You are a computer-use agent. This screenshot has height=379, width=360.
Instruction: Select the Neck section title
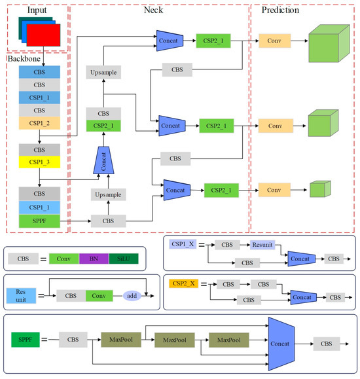click(x=156, y=10)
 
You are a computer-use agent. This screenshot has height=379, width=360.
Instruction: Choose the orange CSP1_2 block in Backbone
click(x=39, y=123)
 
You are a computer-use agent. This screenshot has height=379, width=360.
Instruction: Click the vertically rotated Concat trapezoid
click(x=101, y=160)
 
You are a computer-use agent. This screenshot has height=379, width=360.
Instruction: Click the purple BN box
click(x=94, y=259)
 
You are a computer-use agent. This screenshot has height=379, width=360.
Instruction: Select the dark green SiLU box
click(x=123, y=259)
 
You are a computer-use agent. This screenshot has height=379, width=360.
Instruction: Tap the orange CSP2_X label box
click(x=184, y=283)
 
